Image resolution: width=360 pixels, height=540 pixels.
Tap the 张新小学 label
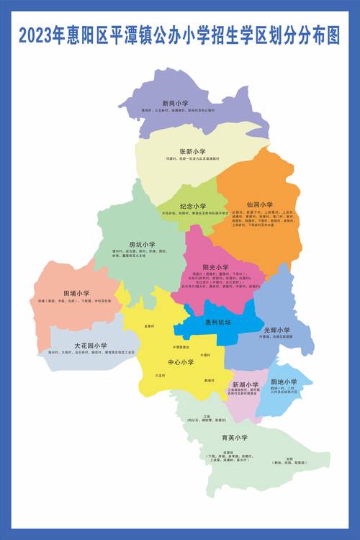pos(192,152)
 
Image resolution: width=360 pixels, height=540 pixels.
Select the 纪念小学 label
pos(193,206)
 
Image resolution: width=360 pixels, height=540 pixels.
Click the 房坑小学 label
pos(142,245)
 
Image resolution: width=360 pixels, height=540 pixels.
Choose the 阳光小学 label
pos(215,268)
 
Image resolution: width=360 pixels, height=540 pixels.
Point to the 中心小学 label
pos(181,362)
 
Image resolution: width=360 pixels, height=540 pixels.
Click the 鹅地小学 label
pos(284,382)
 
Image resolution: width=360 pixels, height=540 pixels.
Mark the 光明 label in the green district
pos(289,458)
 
